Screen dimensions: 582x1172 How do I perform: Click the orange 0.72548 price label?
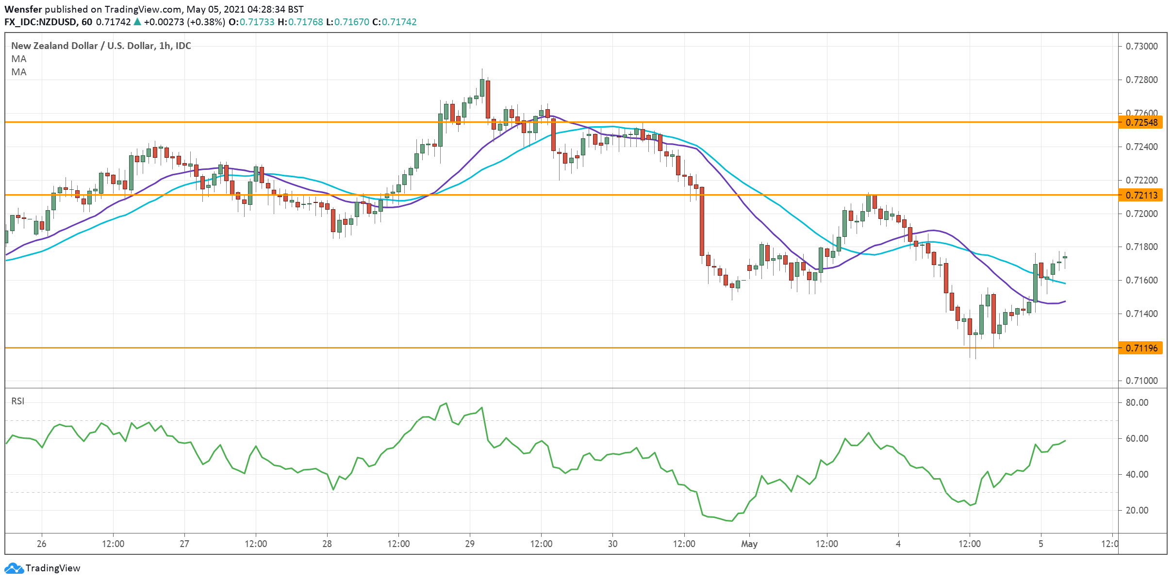tap(1140, 122)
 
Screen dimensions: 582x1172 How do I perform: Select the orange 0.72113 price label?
tap(1140, 195)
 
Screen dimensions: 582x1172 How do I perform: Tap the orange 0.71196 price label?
tap(1140, 348)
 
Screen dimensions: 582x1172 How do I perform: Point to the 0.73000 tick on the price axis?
tap(1140, 46)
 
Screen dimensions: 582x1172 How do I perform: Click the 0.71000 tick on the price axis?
tap(1140, 381)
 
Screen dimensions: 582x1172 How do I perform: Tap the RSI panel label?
tap(17, 401)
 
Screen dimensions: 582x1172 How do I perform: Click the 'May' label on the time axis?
tap(749, 544)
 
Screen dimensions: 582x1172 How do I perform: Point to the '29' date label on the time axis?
tap(469, 544)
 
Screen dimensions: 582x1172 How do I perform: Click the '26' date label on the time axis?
tap(42, 544)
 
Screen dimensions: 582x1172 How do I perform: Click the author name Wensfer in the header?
tap(23, 9)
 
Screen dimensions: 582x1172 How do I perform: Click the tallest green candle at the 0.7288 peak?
tap(482, 87)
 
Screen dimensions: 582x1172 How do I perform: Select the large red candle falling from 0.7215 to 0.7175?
tap(702, 221)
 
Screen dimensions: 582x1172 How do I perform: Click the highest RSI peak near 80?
tap(446, 403)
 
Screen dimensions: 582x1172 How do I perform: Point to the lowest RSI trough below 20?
tap(731, 521)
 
